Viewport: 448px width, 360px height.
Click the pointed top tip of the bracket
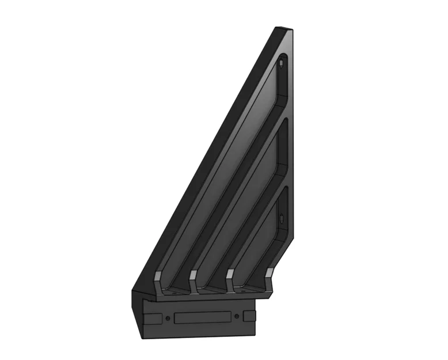pos(282,28)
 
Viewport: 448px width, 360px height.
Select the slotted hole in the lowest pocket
pos(280,219)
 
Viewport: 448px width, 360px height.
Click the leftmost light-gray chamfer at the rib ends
pos(157,279)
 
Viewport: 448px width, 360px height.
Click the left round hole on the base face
pos(167,317)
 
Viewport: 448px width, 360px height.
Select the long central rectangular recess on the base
pos(202,317)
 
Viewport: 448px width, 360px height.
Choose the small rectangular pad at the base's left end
pos(153,318)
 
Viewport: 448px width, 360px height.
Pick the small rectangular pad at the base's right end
pos(249,316)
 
